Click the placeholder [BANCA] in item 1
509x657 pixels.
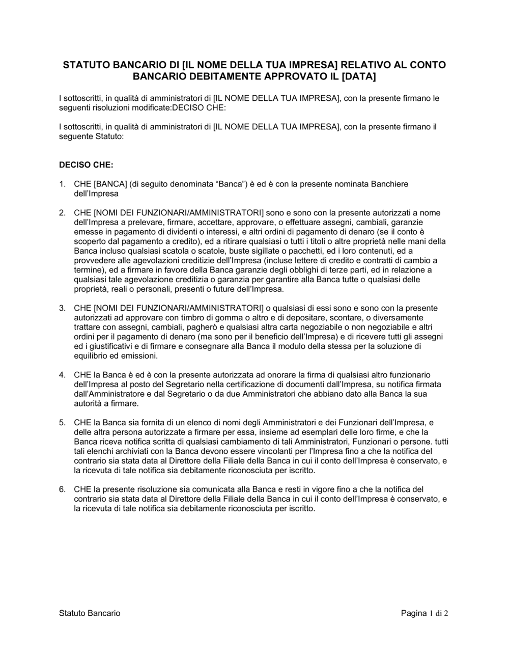point(111,184)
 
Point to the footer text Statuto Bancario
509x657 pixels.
point(90,613)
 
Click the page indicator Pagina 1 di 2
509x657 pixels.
point(425,613)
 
